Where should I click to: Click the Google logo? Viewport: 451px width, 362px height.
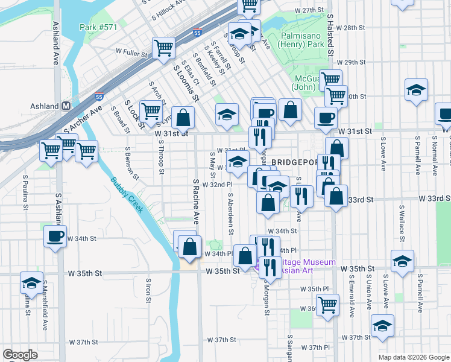pos(20,355)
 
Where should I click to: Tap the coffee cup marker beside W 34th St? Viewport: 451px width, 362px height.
pos(55,236)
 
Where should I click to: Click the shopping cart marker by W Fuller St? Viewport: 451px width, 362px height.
pos(163,48)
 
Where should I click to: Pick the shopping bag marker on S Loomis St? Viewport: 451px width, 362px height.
pos(183,117)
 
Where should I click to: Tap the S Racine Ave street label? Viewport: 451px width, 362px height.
pos(196,201)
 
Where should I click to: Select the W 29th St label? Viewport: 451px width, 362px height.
pos(352,62)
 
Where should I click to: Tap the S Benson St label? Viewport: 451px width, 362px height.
pos(128,163)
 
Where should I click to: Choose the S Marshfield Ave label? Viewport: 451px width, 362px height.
pos(45,308)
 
